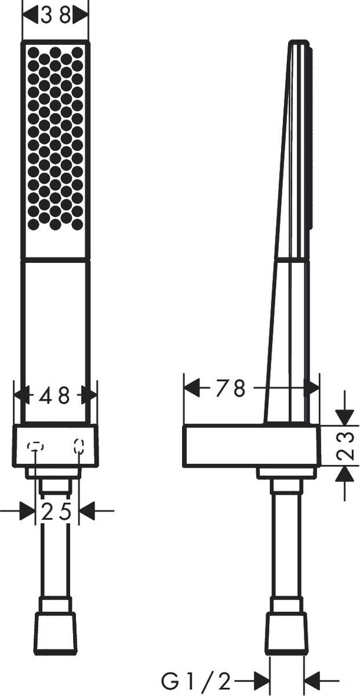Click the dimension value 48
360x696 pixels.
[55, 396]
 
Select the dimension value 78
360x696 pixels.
[231, 388]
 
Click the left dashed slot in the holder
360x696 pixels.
[35, 446]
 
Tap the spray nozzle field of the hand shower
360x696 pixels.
[55, 138]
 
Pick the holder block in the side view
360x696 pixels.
[251, 445]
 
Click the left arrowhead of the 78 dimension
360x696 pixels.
[192, 388]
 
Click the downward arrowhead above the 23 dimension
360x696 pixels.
[344, 416]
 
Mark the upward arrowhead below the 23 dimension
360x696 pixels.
[344, 474]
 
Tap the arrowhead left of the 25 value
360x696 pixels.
[27, 511]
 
